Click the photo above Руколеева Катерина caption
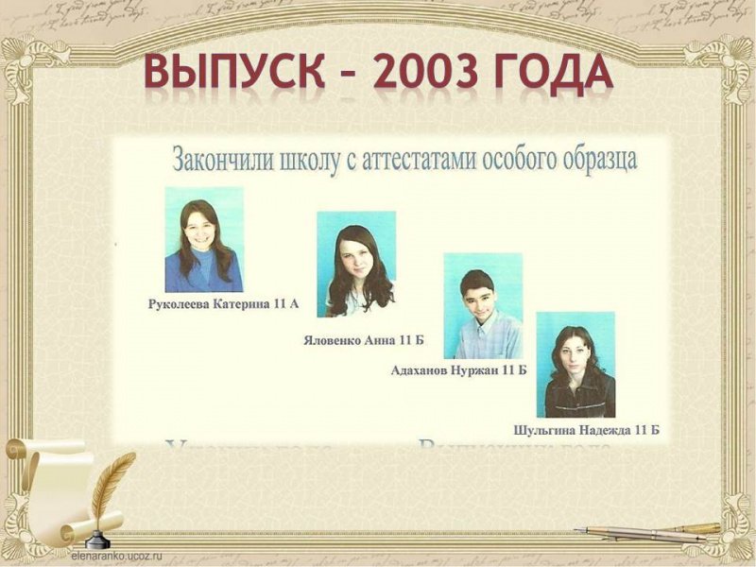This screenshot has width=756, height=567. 203,239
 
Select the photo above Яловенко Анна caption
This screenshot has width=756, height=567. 355,264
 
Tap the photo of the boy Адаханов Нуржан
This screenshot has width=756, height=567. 482,305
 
